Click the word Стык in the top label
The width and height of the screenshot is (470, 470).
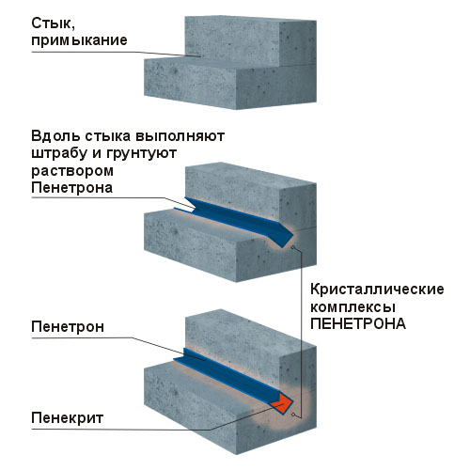coord(53,23)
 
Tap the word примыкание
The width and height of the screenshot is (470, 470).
coord(79,40)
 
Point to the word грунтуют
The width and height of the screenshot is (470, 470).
coord(141,154)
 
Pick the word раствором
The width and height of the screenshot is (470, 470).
coord(72,172)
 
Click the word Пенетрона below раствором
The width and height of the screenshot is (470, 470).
coord(71,188)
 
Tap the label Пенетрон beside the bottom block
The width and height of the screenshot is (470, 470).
coord(68,327)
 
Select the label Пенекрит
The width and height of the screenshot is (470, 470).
coord(67,418)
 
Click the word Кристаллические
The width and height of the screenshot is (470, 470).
coord(377,290)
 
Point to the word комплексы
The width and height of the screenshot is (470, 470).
coord(352,307)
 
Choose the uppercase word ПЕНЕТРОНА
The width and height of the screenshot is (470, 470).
coord(358,323)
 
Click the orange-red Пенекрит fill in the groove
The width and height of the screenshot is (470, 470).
coord(282,404)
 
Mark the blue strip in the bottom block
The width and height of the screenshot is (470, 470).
coord(228,374)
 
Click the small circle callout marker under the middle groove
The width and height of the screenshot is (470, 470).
coord(293,248)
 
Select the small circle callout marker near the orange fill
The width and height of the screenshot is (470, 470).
coord(293,415)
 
